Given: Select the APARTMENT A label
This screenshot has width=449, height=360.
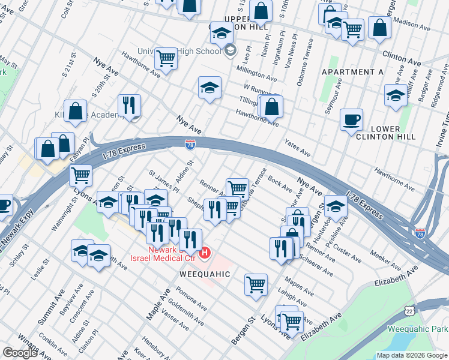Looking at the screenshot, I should [352, 72].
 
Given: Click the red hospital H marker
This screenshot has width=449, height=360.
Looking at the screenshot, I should [205, 253].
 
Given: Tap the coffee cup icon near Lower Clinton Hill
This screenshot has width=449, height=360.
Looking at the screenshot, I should [351, 119].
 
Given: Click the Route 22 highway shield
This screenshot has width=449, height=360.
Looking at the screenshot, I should [409, 311].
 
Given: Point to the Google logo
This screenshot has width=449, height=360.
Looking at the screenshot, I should [20, 353].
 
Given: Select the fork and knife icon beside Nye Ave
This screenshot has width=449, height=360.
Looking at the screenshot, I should [129, 106].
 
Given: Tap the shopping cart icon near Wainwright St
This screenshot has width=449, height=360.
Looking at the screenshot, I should [80, 175].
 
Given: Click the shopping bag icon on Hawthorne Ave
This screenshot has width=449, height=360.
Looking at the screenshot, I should [272, 107].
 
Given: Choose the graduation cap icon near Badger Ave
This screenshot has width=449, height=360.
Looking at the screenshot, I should [396, 95].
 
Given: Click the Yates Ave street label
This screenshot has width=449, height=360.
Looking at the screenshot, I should [297, 149].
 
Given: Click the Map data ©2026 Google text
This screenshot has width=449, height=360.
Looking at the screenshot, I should [412, 355].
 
